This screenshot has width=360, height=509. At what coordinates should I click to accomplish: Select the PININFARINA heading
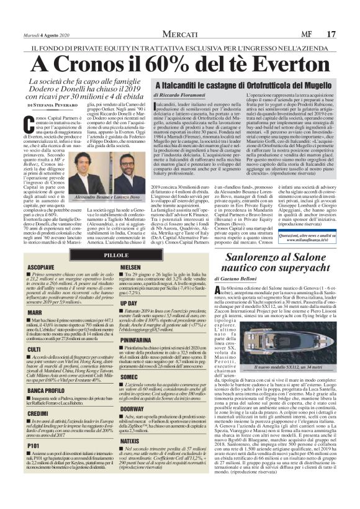[137, 340]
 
